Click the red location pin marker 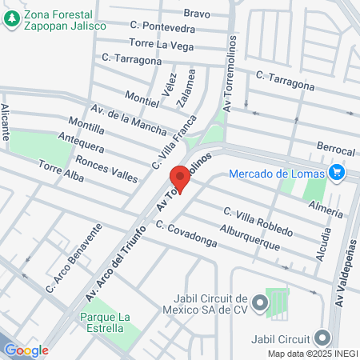pyautogui.click(x=180, y=178)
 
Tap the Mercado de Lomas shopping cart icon pyautogui.click(x=337, y=172)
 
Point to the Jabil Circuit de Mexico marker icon pyautogui.click(x=260, y=302)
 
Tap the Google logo pyautogui.click(x=26, y=350)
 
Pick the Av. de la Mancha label pyautogui.click(x=129, y=119)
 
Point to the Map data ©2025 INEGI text pyautogui.click(x=312, y=353)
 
